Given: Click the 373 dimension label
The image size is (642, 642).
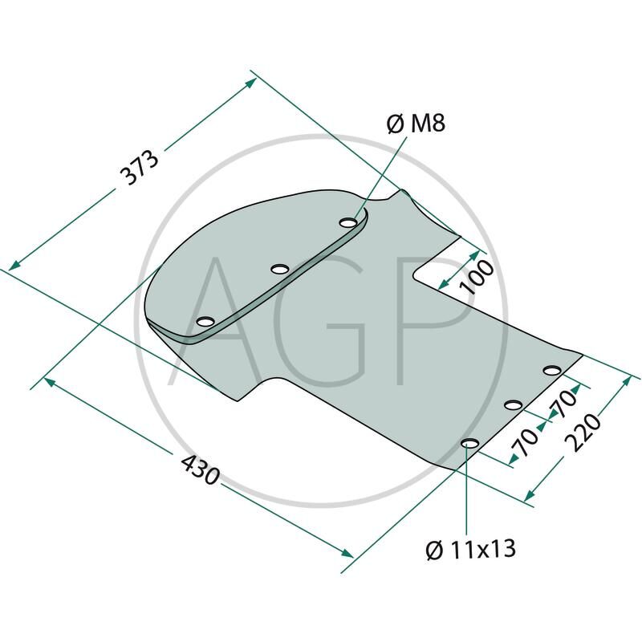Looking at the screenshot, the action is coord(139,168).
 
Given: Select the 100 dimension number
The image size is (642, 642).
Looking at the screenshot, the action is coord(476,277).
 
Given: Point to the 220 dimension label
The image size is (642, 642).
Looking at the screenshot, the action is coord(583,433).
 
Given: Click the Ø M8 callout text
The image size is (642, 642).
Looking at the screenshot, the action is coord(416,124).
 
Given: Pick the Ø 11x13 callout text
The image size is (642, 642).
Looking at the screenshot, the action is coord(470,549).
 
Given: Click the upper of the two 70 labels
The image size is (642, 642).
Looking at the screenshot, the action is coord(564,404).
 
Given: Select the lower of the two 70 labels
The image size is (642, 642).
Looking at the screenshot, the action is coord(528,441).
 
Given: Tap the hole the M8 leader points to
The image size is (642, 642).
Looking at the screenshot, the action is coord(348,223).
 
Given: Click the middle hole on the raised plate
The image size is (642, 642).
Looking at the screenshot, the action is coord(280,269).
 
